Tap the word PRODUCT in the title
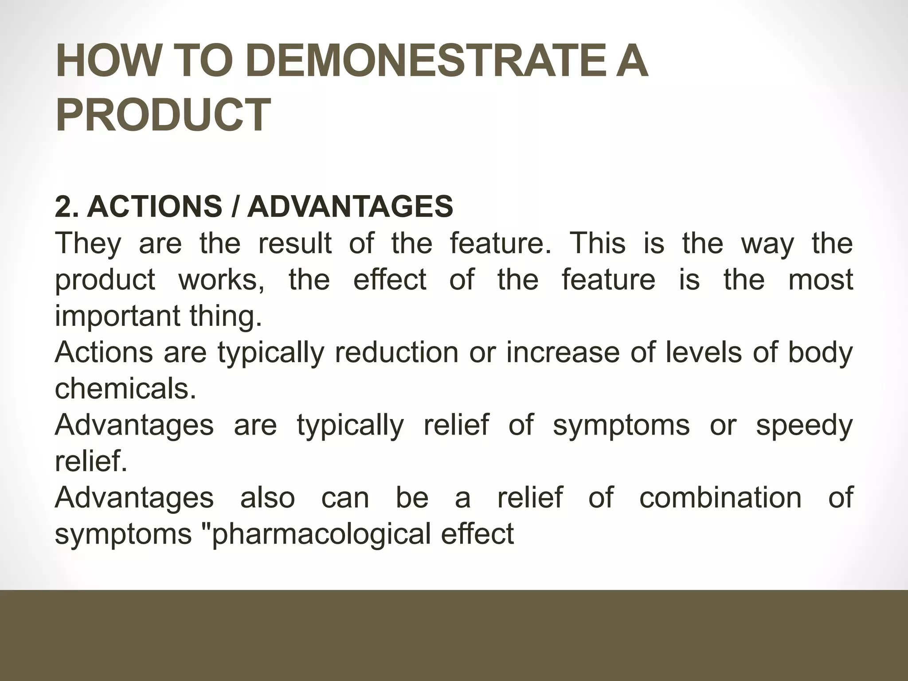click(x=163, y=115)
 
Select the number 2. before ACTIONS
click(x=67, y=207)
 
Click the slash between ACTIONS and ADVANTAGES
click(x=235, y=207)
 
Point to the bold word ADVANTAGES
click(x=350, y=207)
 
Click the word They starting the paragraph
click(x=88, y=244)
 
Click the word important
click(x=117, y=317)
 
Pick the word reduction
click(x=396, y=352)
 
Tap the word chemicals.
click(x=125, y=389)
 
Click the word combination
click(x=720, y=498)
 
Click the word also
click(x=267, y=498)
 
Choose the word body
click(x=820, y=353)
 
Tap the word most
click(x=821, y=280)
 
